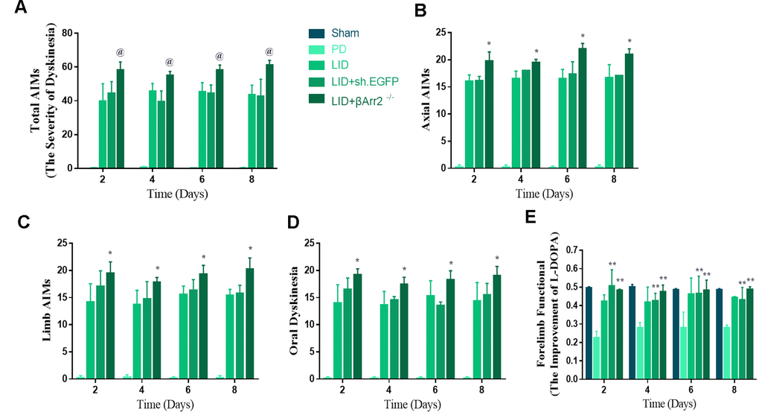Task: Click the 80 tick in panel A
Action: [x=67, y=34]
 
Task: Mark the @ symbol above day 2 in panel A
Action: [x=120, y=52]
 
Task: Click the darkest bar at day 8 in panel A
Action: [x=269, y=116]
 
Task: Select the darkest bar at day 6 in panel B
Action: [x=583, y=108]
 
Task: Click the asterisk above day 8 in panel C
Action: [x=251, y=250]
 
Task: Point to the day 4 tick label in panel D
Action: [x=405, y=390]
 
